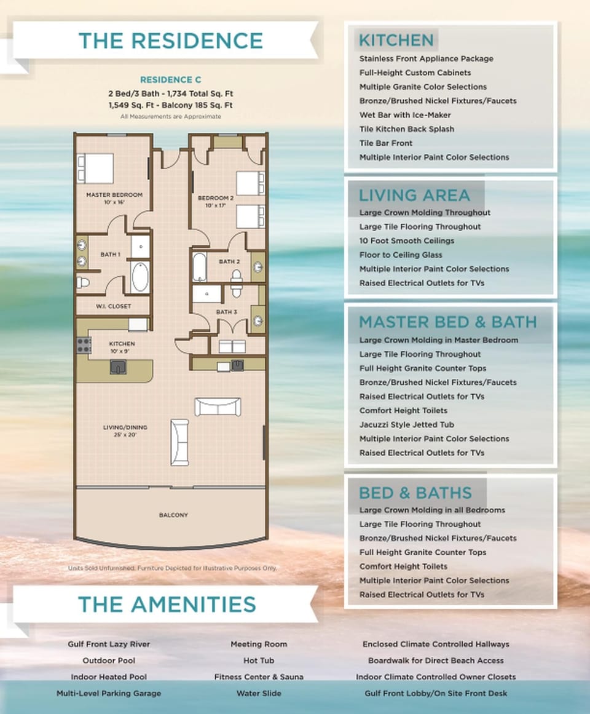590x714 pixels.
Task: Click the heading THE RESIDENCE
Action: [x=170, y=41]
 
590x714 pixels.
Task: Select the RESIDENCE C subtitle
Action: [x=170, y=80]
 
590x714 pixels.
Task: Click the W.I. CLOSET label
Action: [x=113, y=306]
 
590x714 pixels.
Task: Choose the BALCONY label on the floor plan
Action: [x=173, y=515]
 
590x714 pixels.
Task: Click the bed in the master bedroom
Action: [x=95, y=168]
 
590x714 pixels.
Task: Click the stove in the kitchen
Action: [x=83, y=345]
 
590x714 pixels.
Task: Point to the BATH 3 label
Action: [x=226, y=312]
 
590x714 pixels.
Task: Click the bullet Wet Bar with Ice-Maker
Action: [x=405, y=115]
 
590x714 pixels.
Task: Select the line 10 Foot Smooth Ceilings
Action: [x=407, y=240]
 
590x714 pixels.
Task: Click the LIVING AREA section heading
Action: [x=414, y=196]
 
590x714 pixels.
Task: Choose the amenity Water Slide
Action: [x=258, y=693]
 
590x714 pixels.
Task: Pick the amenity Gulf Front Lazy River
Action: [x=109, y=644]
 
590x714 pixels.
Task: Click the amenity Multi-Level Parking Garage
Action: [x=109, y=693]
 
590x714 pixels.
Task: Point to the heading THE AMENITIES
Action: [x=167, y=604]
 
